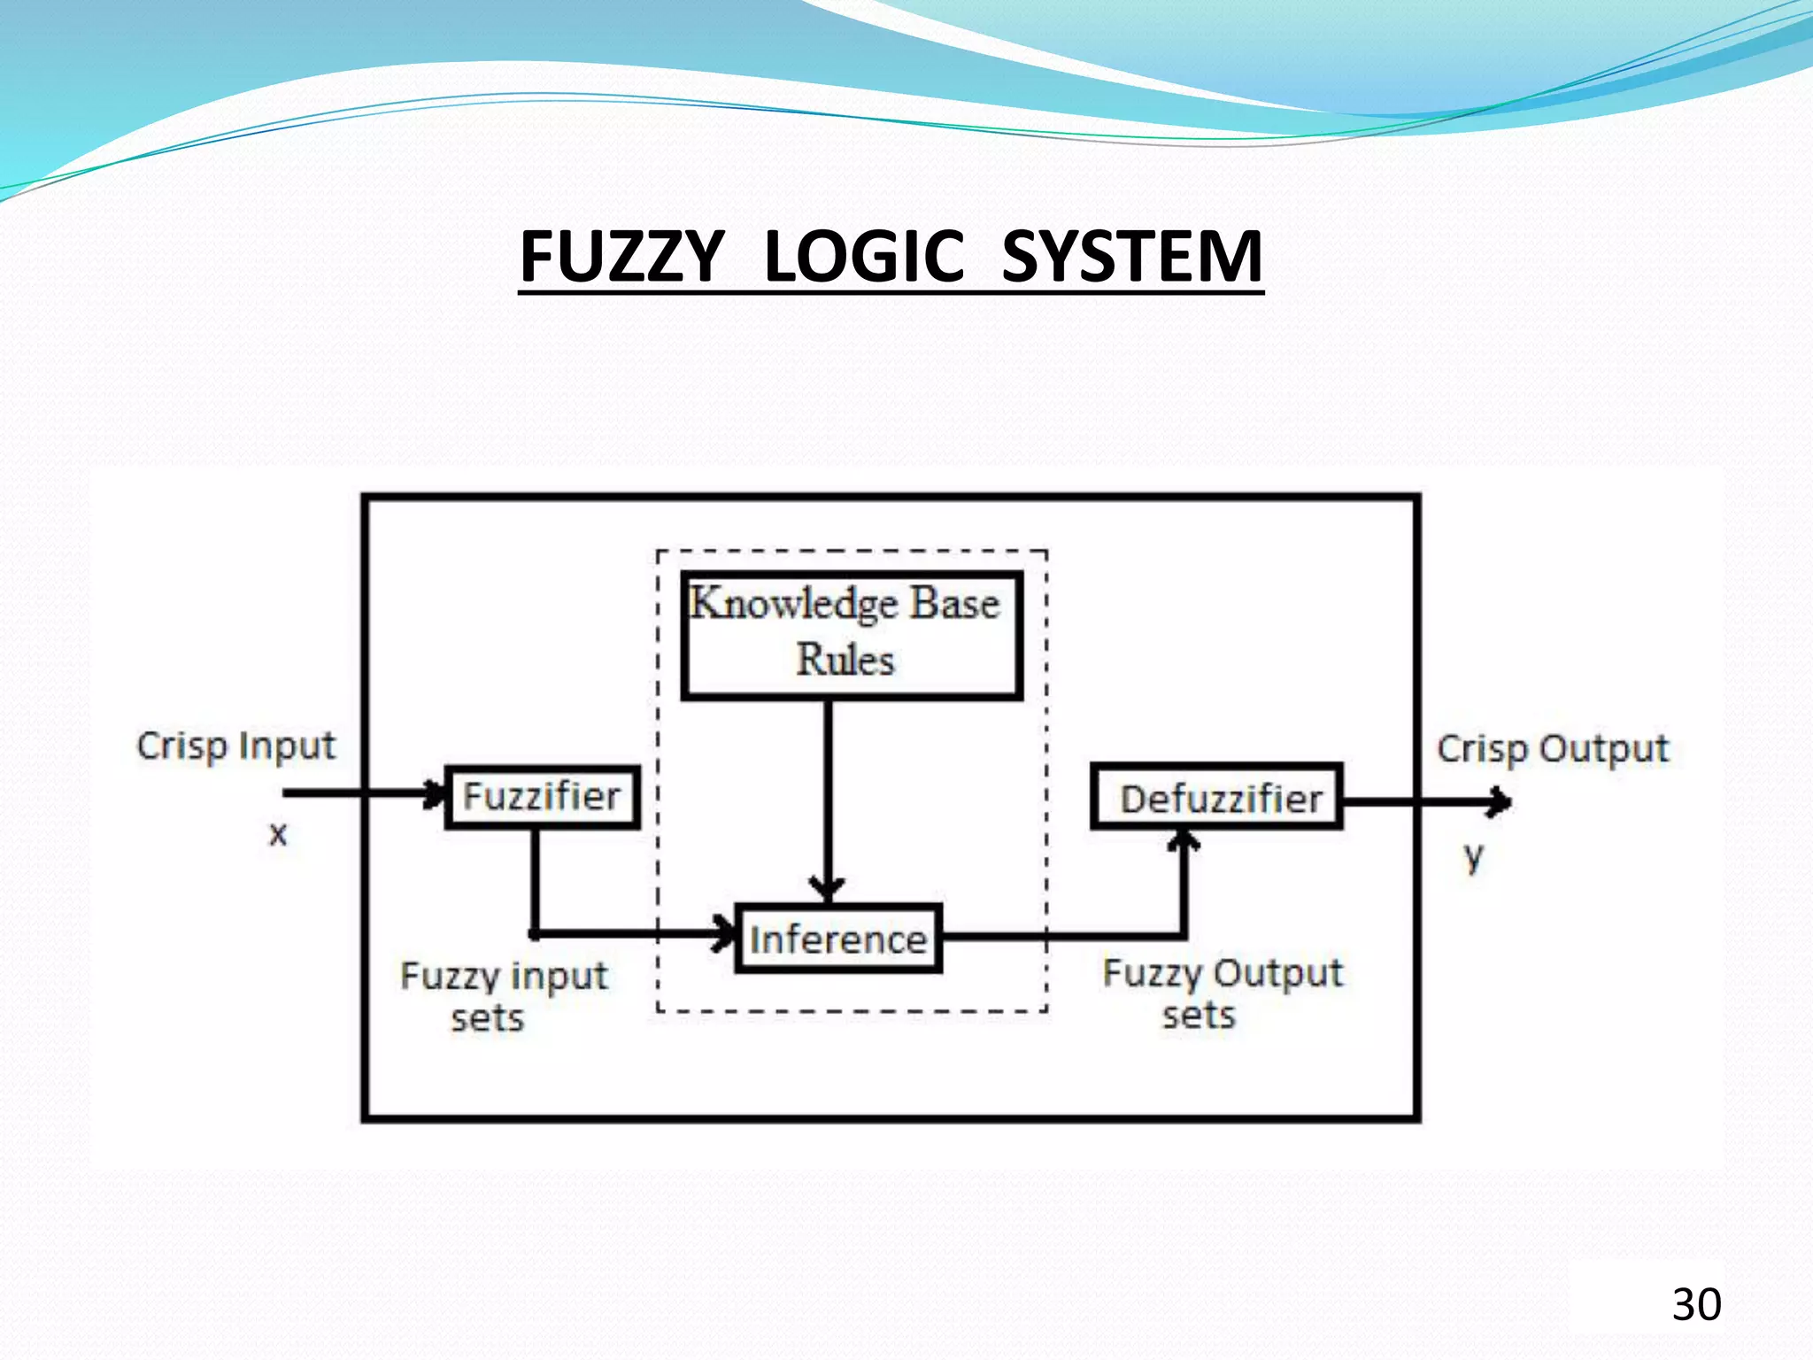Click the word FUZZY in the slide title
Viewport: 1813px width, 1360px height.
(621, 257)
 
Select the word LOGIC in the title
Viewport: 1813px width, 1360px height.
(863, 257)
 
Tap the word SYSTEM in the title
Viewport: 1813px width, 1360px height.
(1131, 257)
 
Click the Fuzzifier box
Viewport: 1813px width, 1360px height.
(543, 797)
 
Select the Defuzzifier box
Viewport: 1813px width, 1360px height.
(1217, 797)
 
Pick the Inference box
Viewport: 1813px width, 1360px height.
(838, 939)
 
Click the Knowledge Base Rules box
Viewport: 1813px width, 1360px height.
(852, 635)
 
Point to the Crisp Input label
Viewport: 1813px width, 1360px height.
(236, 746)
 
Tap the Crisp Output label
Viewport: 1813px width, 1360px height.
(1552, 749)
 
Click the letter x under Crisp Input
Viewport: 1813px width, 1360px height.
(278, 833)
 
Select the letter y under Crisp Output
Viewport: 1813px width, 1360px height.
(1472, 856)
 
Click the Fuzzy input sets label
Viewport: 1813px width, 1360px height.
(503, 996)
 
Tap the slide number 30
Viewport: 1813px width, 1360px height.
(1696, 1304)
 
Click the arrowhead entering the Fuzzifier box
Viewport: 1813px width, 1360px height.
(436, 793)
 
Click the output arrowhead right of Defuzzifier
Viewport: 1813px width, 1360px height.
(1500, 802)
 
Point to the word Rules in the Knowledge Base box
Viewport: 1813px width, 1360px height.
(845, 661)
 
